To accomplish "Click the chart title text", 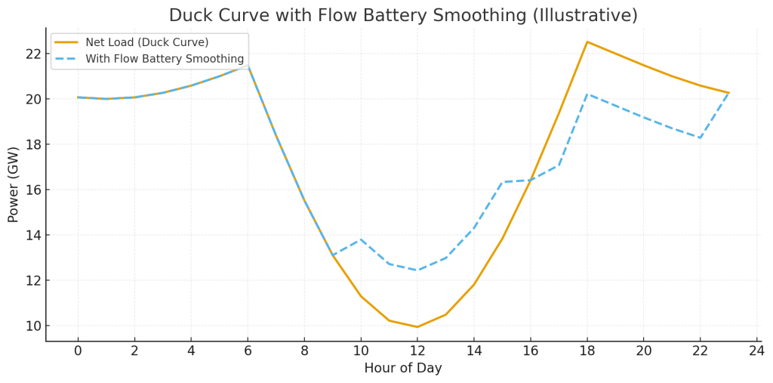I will pos(403,15).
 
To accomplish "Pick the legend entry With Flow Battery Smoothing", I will pos(165,59).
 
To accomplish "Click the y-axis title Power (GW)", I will pos(14,184).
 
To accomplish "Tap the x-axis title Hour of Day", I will pos(403,369).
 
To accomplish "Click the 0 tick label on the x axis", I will pos(78,351).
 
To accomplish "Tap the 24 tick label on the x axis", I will pos(757,351).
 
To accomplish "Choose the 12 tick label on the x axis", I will pos(417,351).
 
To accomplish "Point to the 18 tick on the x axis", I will pos(587,351).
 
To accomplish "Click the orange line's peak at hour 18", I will pos(587,42).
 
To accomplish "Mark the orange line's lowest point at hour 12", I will pos(417,327).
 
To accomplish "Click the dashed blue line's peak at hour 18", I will pos(587,94).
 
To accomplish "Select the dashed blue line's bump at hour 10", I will pos(361,239).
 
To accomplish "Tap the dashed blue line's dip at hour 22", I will pos(701,137).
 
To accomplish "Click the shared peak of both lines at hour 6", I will pos(248,66).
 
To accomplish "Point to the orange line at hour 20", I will pos(644,65).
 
